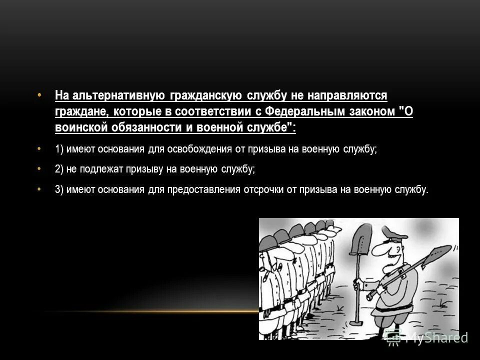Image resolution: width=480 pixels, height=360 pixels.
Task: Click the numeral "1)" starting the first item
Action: [59, 149]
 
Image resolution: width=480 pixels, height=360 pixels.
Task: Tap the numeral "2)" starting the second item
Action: [59, 169]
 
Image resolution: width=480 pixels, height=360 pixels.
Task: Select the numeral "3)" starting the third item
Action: [59, 189]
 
